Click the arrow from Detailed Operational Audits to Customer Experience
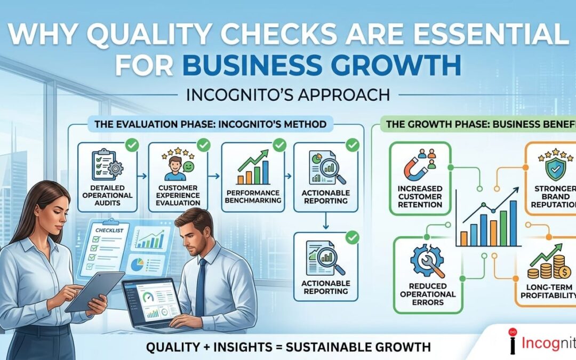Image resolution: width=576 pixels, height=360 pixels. click(x=142, y=174)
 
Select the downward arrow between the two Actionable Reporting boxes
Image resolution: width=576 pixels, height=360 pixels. click(x=326, y=223)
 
